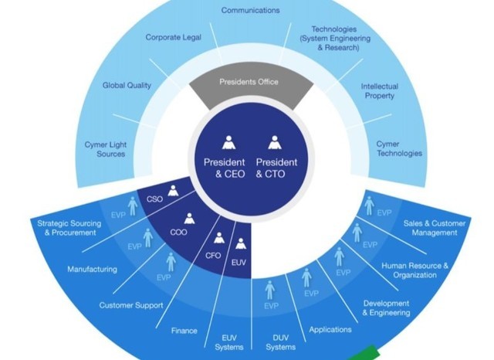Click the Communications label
[x=250, y=10]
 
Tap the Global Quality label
[x=127, y=85]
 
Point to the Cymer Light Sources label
[x=105, y=148]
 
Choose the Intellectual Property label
[x=380, y=91]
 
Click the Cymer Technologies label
[x=398, y=148]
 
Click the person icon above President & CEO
[x=228, y=142]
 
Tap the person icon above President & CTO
[x=276, y=142]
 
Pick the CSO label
[x=154, y=199]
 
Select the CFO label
[x=212, y=256]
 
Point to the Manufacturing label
[x=92, y=270]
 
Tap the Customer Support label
[x=131, y=305]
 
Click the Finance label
[x=184, y=331]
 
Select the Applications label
[x=330, y=330]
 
